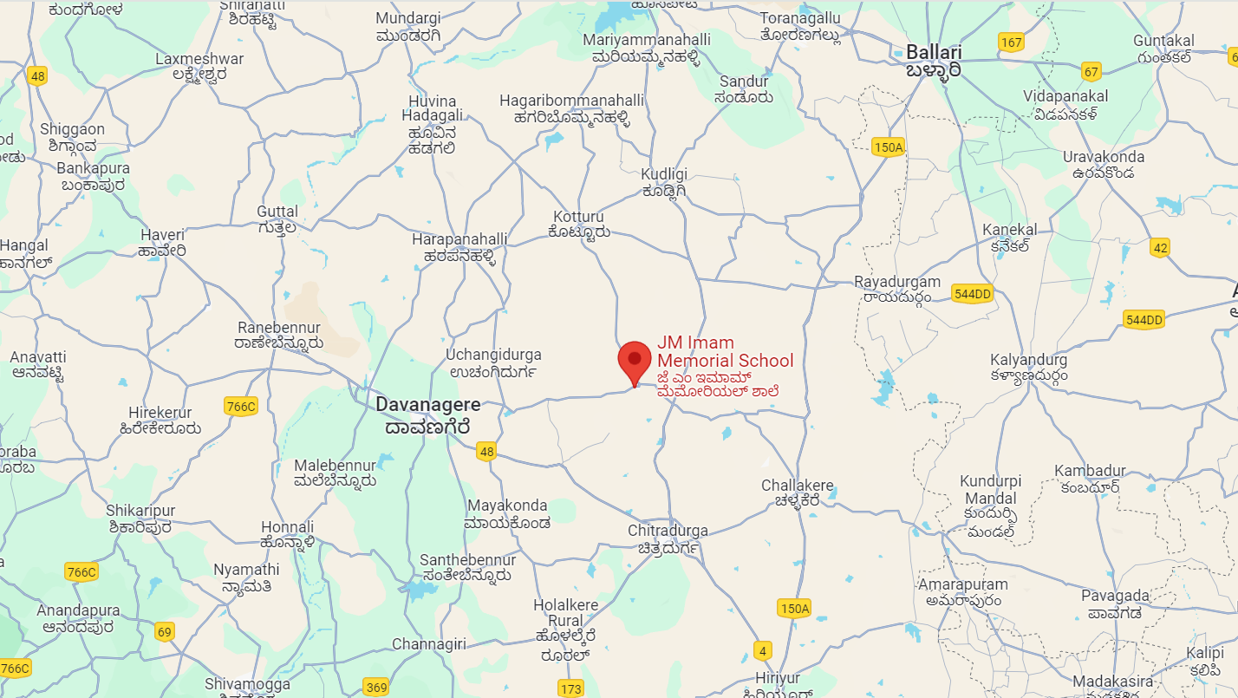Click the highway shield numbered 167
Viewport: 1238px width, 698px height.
[x=1011, y=42]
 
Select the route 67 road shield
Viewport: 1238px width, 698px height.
[x=1091, y=71]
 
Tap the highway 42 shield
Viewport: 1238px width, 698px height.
[x=1160, y=248]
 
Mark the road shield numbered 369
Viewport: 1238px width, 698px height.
[x=376, y=688]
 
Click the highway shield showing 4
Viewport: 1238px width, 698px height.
[x=763, y=650]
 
